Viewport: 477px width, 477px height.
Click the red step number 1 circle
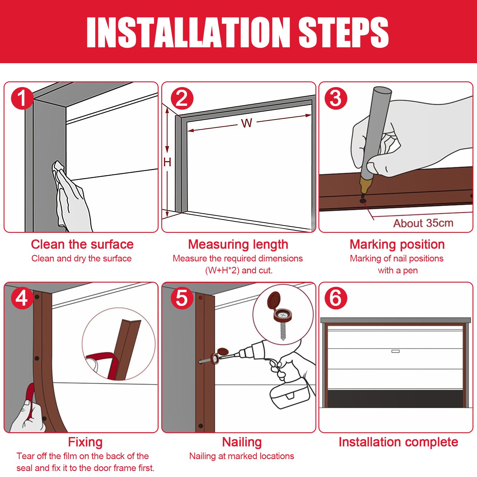coord(22,98)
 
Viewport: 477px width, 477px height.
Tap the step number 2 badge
coord(182,98)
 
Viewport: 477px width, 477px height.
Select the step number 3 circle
coord(336,98)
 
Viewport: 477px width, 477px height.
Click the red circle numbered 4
coord(22,298)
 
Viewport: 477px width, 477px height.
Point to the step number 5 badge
coord(182,298)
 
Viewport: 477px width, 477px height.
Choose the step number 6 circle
coord(336,298)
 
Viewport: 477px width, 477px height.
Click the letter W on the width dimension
coord(247,123)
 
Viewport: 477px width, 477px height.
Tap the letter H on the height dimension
coord(167,162)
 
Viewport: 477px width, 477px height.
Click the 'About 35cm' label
coord(423,223)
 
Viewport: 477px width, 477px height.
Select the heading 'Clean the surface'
coord(82,244)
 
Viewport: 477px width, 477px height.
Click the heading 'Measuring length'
coord(238,245)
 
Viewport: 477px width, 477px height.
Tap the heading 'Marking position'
coord(397,245)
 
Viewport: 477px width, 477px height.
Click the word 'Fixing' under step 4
coord(85,442)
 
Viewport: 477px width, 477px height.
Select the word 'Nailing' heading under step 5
coord(242,442)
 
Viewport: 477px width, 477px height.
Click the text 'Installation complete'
coord(398,442)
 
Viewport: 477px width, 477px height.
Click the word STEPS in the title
coord(343,32)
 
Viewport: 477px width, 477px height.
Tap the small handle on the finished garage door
coord(395,351)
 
